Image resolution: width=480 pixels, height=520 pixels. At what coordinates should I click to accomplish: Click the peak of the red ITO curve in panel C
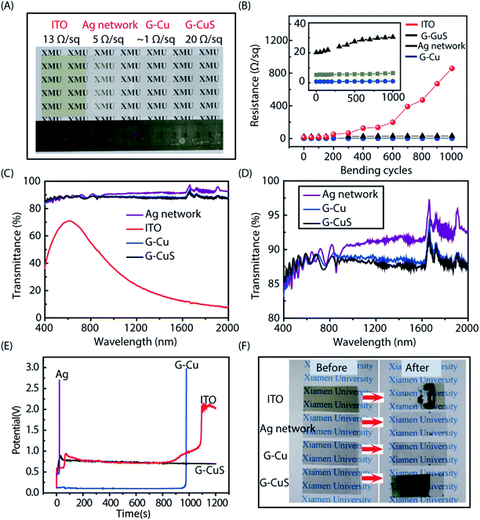[x=71, y=221]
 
